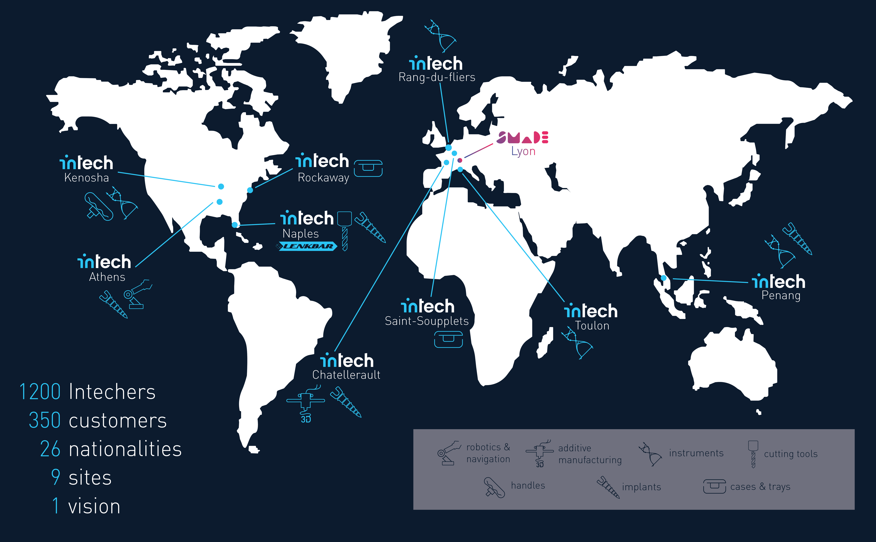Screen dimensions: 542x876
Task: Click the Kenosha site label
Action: (87, 178)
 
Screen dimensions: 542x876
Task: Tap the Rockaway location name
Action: (323, 178)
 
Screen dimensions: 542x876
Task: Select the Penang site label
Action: (781, 296)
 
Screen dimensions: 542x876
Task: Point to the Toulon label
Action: (592, 326)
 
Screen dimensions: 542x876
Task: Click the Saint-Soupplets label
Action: (427, 321)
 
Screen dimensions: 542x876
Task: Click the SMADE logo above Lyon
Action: (522, 137)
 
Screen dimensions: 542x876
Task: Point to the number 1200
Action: (40, 392)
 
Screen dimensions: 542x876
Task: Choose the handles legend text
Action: (528, 486)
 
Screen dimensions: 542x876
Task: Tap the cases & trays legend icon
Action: (714, 486)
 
